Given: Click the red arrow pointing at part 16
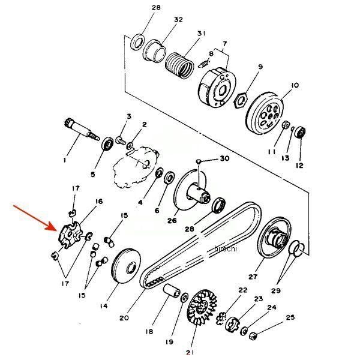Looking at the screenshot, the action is tap(34, 217).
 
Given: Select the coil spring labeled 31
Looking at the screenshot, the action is tap(179, 65).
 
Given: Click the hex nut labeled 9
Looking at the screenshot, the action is tap(241, 100).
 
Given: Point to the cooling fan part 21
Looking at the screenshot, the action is tap(202, 307).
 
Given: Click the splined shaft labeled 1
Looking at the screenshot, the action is tap(82, 130).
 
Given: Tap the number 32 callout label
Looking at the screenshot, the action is tap(178, 20).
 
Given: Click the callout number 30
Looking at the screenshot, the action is tap(224, 158).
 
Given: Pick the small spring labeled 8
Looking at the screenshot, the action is tap(203, 64).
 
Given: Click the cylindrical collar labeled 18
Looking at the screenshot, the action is tap(172, 290).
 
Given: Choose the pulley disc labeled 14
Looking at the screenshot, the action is tap(126, 266).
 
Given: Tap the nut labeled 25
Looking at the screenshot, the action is tap(253, 336).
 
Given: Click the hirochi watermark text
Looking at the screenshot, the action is tap(226, 248).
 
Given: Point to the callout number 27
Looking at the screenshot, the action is tap(253, 277).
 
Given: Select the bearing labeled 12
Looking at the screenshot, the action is tap(300, 132).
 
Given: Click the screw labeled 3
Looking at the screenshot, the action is tap(121, 140).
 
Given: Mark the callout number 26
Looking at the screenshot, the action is tap(172, 220).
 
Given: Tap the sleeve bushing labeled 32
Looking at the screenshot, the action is tap(155, 52).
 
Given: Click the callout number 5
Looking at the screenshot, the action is tap(92, 175).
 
